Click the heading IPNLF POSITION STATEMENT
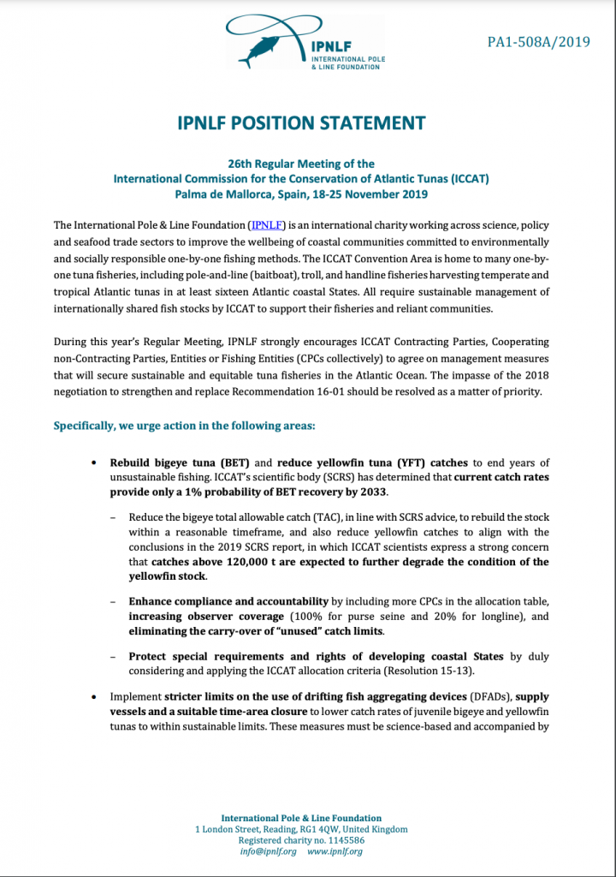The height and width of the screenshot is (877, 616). click(x=307, y=122)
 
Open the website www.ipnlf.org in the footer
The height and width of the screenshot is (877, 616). click(x=335, y=852)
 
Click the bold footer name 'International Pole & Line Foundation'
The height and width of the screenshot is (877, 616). click(x=301, y=818)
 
